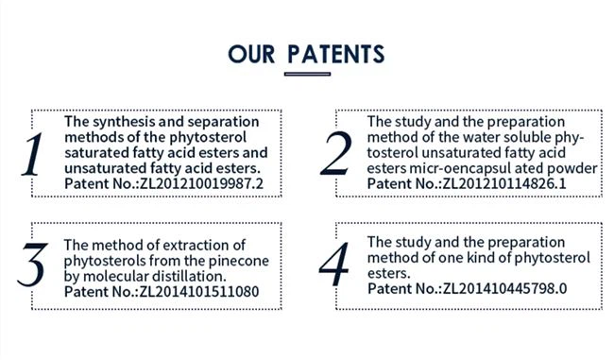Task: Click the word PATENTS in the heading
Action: [x=336, y=51]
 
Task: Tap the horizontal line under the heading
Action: [x=307, y=74]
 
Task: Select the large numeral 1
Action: [x=34, y=157]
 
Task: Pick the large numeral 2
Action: [x=335, y=155]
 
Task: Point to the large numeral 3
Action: [x=33, y=266]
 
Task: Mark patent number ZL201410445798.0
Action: [x=503, y=287]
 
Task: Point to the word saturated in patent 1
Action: [x=94, y=151]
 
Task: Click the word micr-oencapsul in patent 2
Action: [x=447, y=166]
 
